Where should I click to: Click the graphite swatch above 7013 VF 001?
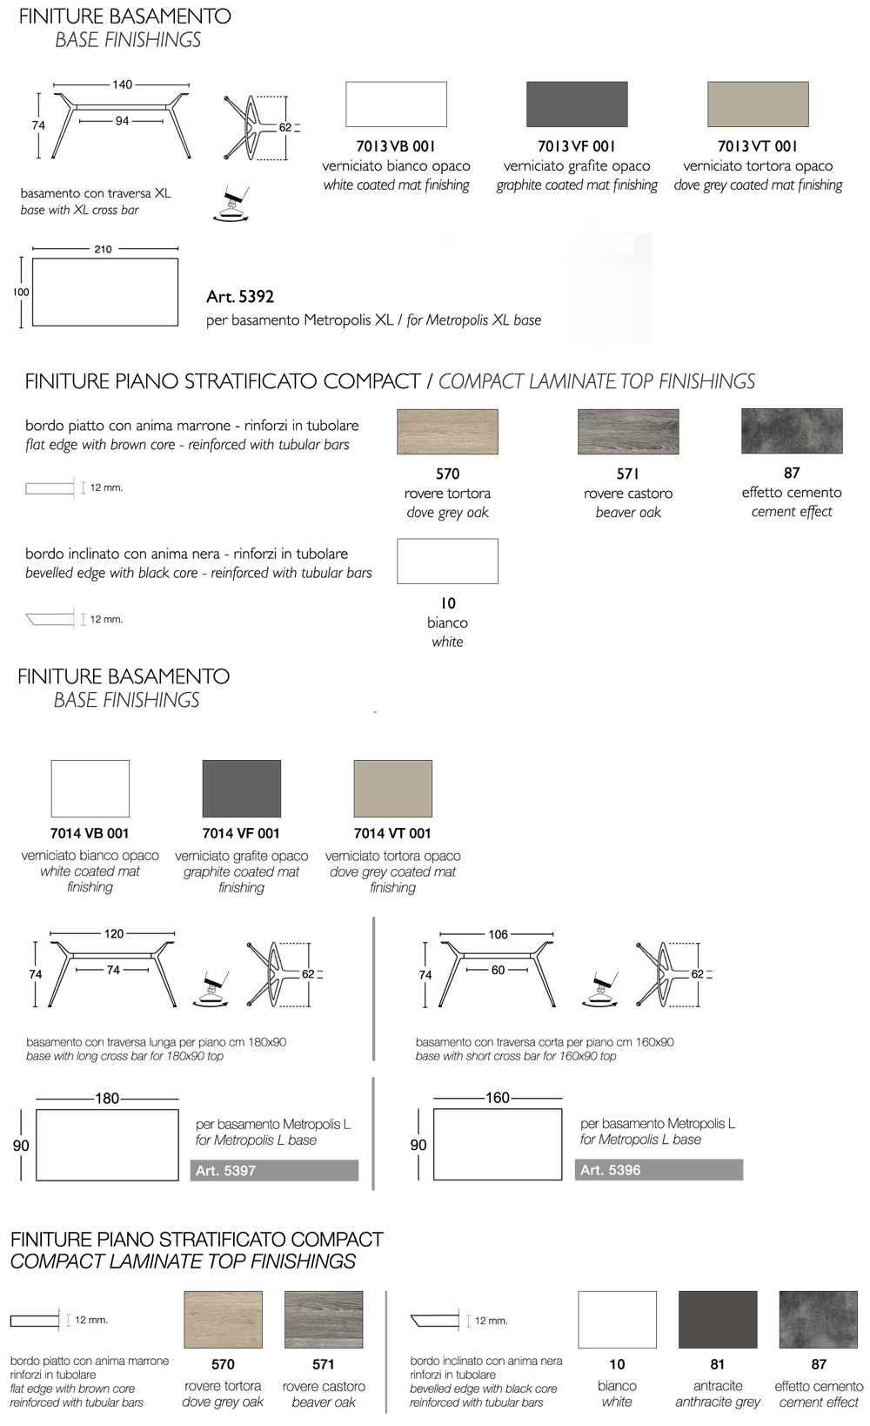577,104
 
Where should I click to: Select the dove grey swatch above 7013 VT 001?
758,104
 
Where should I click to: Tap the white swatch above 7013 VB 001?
396,104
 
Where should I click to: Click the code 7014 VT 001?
392,833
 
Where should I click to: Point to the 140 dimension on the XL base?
122,84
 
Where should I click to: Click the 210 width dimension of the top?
103,249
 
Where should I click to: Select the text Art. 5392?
240,297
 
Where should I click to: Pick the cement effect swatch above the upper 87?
792,431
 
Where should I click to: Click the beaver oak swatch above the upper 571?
628,432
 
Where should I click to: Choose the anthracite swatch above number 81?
718,1319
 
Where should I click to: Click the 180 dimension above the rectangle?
107,1099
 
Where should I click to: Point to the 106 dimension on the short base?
498,934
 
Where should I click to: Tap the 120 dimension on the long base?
114,933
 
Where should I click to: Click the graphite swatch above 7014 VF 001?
241,789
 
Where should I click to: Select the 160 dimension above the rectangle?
498,1098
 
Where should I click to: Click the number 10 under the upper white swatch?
447,603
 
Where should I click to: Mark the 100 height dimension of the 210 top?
21,293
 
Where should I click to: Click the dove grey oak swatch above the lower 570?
224,1319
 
